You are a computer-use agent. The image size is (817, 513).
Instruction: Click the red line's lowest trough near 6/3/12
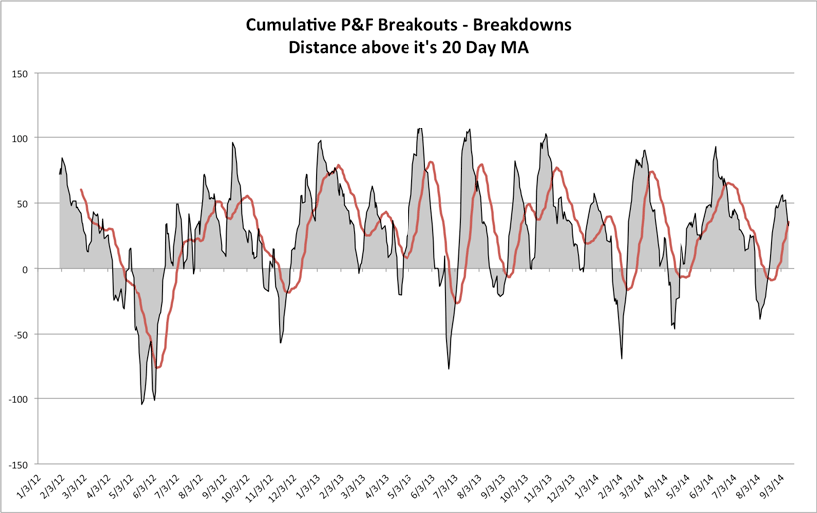click(157, 368)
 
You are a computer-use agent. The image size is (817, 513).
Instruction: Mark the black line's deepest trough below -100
click(142, 403)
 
